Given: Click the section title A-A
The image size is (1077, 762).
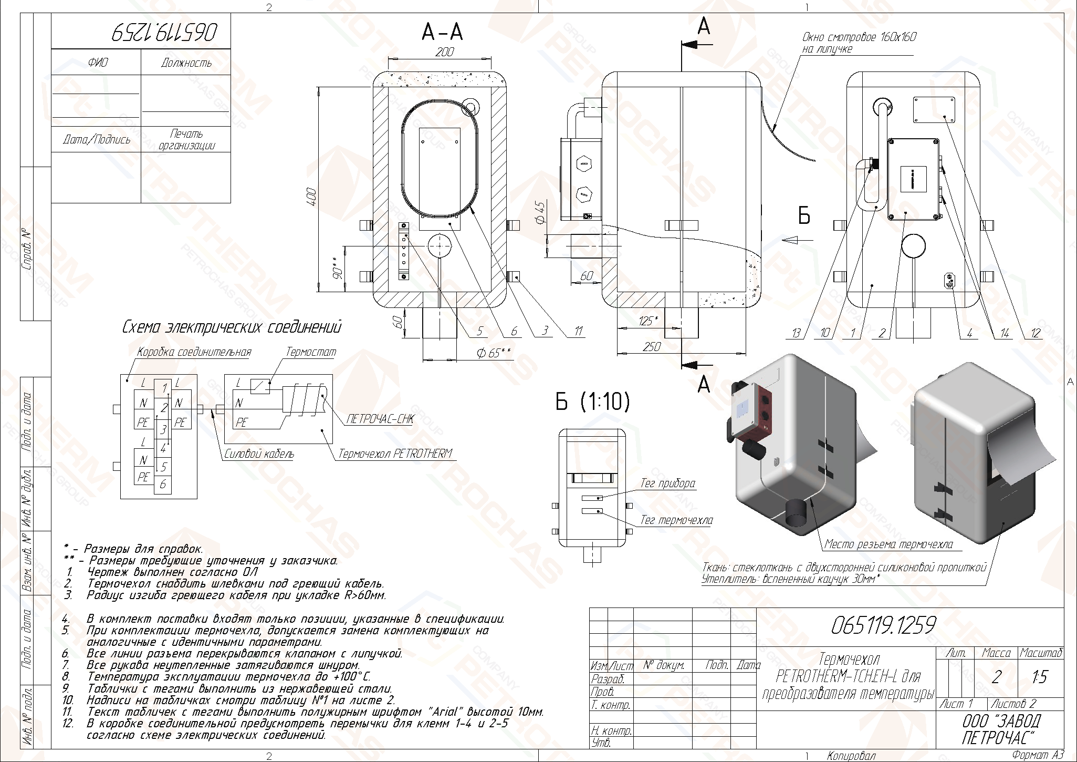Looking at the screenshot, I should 442,33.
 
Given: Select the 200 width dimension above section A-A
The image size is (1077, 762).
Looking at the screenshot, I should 445,52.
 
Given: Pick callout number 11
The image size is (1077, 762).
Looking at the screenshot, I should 578,331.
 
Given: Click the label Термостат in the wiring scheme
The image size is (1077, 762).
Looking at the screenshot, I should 310,352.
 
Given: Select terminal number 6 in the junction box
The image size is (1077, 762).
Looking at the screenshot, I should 163,484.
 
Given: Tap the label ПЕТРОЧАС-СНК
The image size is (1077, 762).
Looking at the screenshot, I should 380,419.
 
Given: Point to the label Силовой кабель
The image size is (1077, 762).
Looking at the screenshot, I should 259,454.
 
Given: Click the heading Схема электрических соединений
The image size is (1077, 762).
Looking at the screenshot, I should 232,327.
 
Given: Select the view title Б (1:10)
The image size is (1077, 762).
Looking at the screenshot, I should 593,402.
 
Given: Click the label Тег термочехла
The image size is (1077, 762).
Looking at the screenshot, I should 676,520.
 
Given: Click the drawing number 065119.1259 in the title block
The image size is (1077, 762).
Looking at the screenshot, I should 883,625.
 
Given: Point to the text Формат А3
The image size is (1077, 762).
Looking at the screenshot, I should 1038,756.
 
